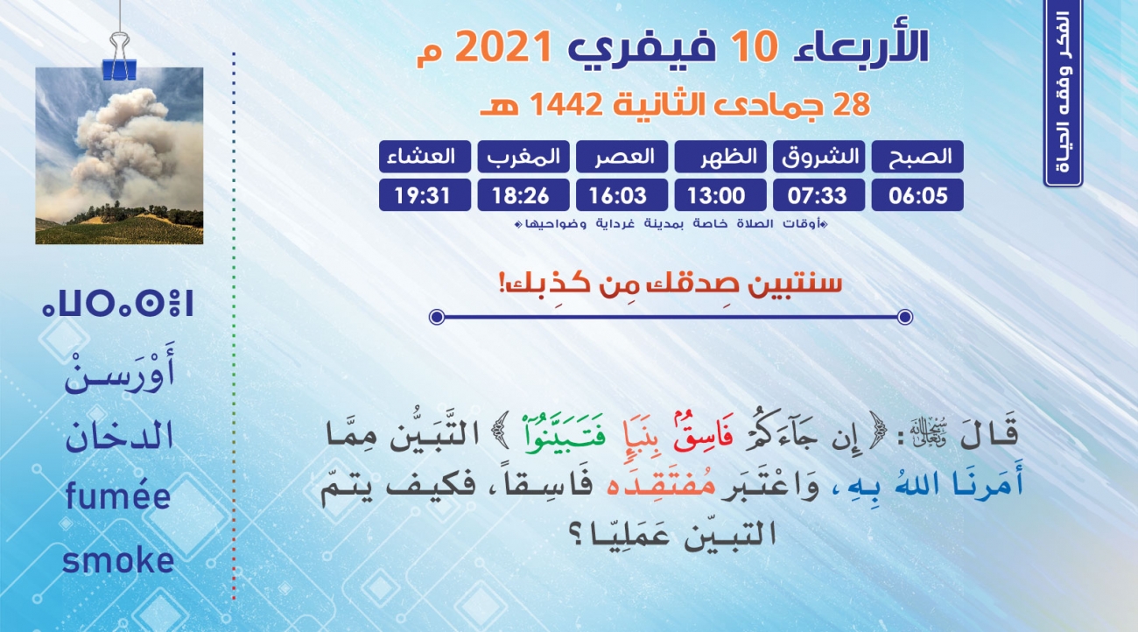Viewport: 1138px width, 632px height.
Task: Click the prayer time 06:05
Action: click(917, 195)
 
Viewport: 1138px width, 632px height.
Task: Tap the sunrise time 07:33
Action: click(818, 195)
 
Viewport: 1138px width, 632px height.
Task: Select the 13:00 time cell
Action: click(720, 195)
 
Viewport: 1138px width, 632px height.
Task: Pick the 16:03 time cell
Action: click(622, 195)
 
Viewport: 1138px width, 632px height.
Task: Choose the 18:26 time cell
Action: click(523, 195)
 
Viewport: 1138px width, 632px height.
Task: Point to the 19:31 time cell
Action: click(425, 195)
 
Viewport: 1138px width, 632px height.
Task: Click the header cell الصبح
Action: click(917, 157)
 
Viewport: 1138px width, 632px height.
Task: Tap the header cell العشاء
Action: click(425, 157)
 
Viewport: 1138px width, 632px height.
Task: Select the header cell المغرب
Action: click(523, 157)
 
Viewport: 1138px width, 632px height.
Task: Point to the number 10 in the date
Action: click(755, 46)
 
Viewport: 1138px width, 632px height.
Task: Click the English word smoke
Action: click(118, 561)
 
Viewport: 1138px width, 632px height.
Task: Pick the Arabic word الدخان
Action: click(119, 436)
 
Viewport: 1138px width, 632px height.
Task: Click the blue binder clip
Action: click(119, 57)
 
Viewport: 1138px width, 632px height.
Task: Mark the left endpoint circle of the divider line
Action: click(437, 317)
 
